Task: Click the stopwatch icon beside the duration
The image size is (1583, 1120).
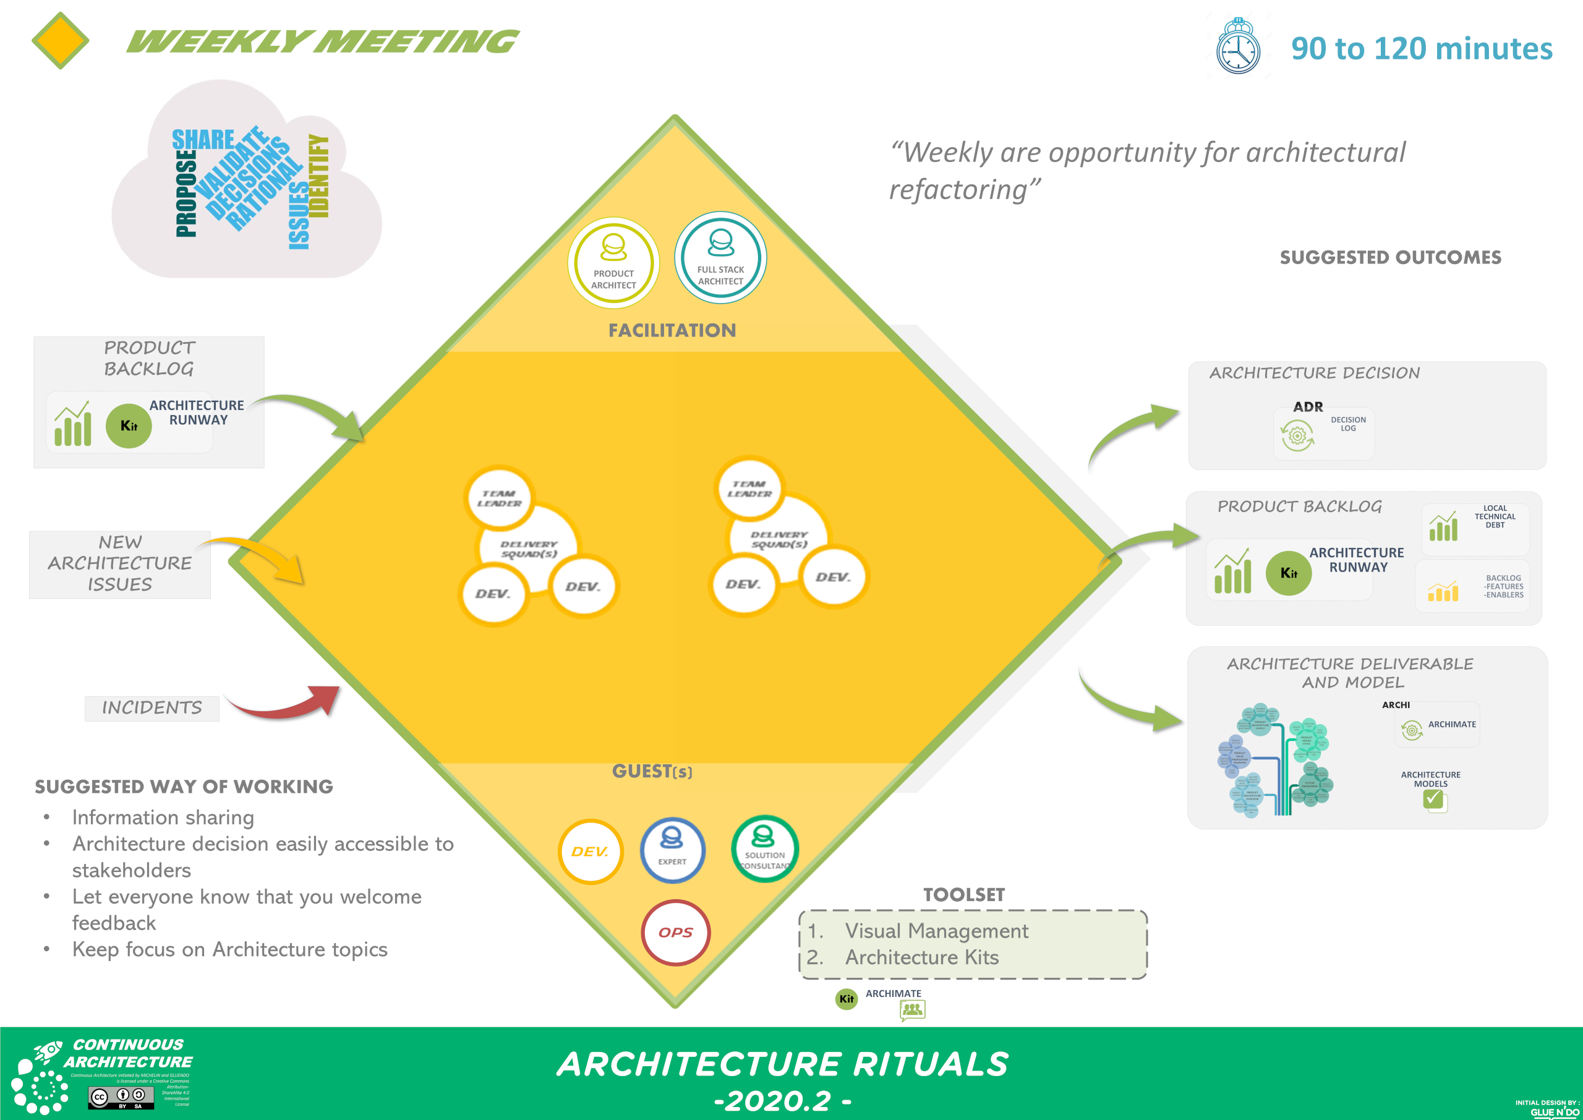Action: click(1239, 47)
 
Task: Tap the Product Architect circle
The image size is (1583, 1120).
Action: click(613, 263)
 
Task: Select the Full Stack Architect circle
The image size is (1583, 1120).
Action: click(720, 257)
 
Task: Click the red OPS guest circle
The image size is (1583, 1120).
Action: click(676, 933)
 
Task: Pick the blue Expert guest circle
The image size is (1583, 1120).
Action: click(672, 850)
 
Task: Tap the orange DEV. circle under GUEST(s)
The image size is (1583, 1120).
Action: click(590, 852)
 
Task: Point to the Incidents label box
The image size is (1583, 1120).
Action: click(151, 708)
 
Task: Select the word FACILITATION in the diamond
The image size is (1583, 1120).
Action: click(672, 330)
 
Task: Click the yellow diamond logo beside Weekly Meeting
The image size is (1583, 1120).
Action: click(61, 41)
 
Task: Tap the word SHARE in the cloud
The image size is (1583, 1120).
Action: click(203, 140)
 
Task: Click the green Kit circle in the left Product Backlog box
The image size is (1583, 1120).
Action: click(129, 425)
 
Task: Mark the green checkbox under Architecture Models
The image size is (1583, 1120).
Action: click(1433, 799)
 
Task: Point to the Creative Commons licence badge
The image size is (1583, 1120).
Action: click(121, 1096)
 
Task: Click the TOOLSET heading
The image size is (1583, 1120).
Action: click(964, 894)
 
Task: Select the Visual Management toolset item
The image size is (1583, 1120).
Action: click(936, 931)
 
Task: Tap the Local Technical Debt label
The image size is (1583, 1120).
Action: click(1495, 516)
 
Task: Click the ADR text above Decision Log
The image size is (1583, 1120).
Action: click(1308, 407)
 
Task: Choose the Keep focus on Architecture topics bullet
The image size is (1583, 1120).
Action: click(229, 950)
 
